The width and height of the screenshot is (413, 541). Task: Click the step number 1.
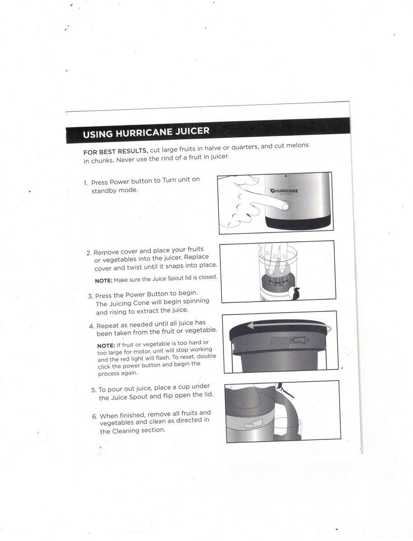(85, 183)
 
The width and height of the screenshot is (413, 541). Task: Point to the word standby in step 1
(101, 191)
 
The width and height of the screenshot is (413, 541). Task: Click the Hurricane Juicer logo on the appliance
(284, 192)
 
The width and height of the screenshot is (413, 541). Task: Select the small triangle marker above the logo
(286, 175)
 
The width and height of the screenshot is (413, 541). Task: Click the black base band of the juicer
(298, 222)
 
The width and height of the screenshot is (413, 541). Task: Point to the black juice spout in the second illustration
(296, 293)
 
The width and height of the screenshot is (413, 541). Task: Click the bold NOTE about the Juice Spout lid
(104, 280)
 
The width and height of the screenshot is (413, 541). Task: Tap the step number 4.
(92, 326)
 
